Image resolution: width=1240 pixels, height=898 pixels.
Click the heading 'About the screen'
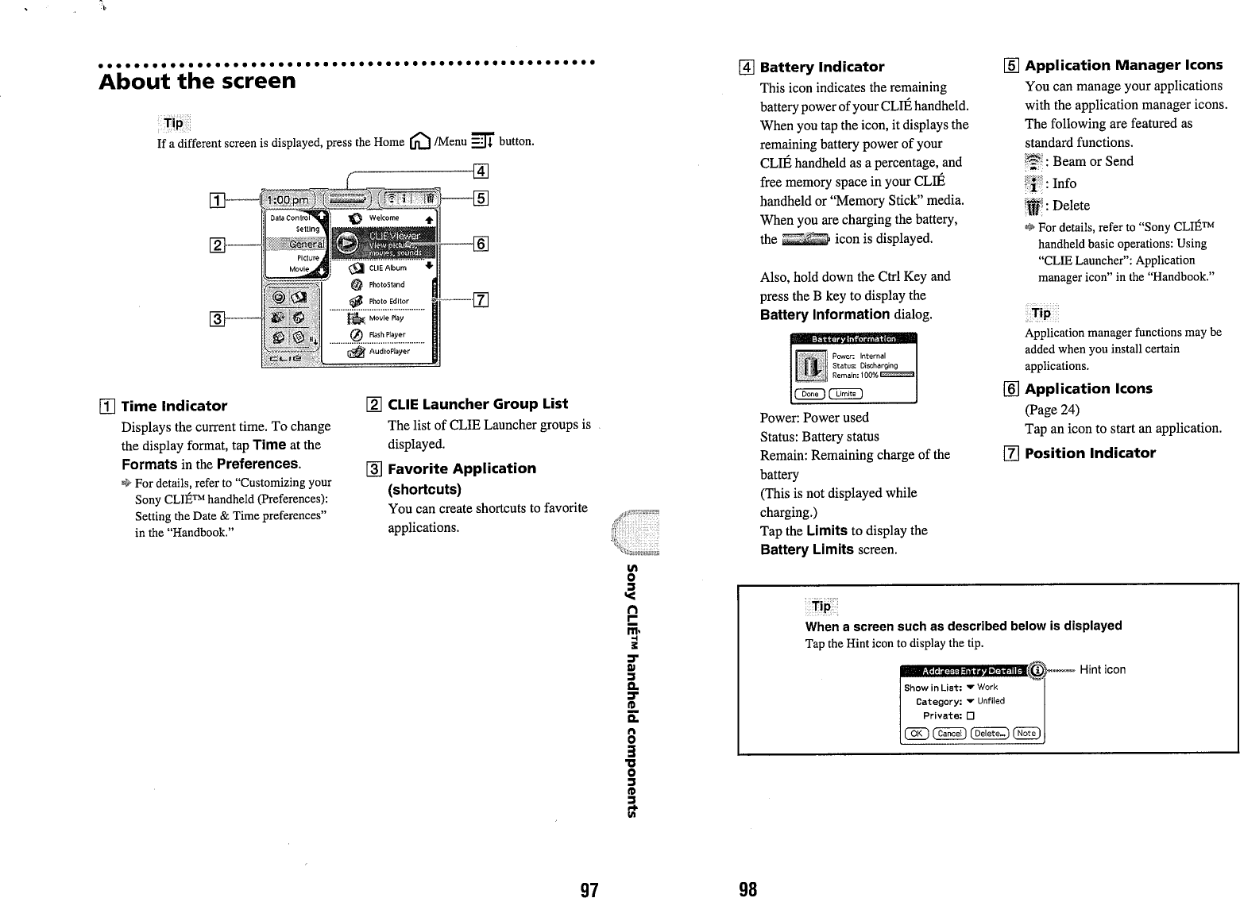tap(197, 81)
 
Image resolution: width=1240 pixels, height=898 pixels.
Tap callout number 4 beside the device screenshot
tap(480, 170)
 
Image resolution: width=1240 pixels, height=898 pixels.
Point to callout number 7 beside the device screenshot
tap(480, 299)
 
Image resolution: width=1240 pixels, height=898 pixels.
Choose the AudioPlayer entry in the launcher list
tap(388, 351)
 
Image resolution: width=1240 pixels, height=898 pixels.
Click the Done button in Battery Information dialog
tap(809, 394)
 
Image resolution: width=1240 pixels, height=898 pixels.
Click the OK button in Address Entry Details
tap(915, 733)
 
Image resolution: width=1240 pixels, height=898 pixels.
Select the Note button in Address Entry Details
tap(1026, 733)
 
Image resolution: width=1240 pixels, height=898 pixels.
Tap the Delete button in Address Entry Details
tap(989, 733)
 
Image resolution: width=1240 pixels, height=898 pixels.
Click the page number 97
tap(588, 888)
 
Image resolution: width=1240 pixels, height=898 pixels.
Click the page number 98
tap(747, 888)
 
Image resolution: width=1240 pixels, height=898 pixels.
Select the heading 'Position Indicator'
tap(1090, 453)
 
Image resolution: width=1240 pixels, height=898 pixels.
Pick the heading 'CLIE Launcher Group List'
tap(477, 404)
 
